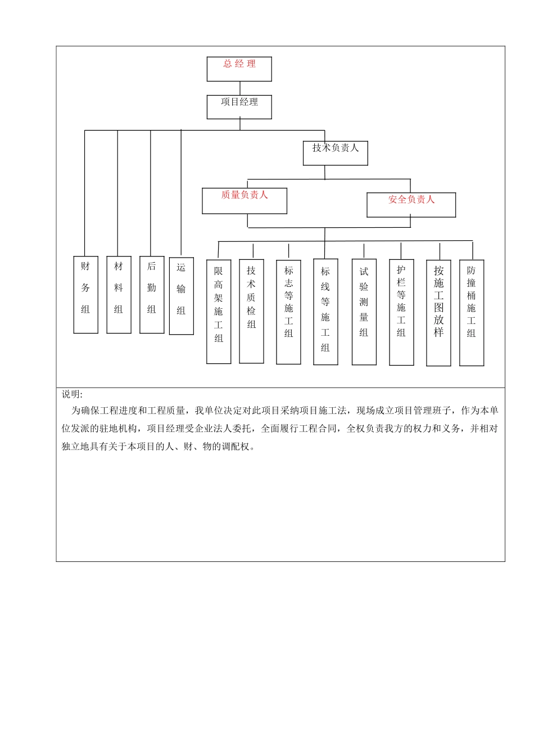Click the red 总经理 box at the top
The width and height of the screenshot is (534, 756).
(x=239, y=69)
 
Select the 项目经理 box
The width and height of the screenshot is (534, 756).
(x=239, y=107)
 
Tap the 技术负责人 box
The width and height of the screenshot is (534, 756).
(x=336, y=153)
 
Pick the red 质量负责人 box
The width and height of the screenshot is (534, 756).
(x=245, y=201)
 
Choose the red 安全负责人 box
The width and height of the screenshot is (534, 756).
(x=411, y=205)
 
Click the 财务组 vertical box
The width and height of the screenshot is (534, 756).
(x=85, y=295)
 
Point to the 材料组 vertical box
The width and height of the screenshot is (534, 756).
(x=119, y=295)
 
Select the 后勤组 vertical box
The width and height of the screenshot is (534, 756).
(x=152, y=295)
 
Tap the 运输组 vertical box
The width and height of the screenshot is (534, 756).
(x=181, y=296)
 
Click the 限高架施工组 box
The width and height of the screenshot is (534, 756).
(x=219, y=311)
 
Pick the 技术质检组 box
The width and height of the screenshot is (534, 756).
(x=251, y=311)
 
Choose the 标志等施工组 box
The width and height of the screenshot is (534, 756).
(x=288, y=312)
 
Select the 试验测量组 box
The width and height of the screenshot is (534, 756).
(x=364, y=312)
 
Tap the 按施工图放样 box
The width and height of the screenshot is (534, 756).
(x=438, y=313)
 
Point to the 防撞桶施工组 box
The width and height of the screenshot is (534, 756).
(x=472, y=313)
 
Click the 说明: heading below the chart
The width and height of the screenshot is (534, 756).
(x=72, y=394)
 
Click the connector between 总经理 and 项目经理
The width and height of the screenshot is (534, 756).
(x=240, y=88)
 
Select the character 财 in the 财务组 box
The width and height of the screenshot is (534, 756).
(x=85, y=266)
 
